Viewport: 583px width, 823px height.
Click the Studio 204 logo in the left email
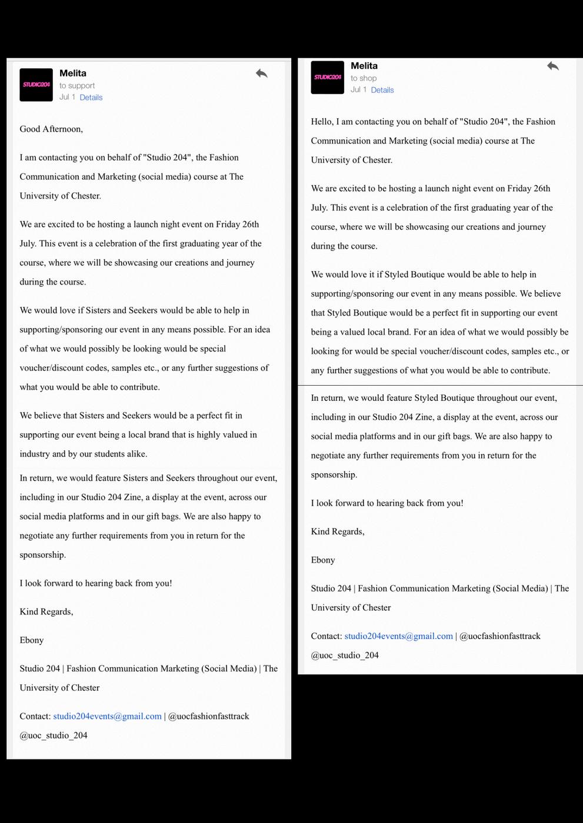click(36, 85)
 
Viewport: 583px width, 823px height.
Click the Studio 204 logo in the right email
click(327, 77)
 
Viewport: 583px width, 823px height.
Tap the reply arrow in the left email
click(262, 73)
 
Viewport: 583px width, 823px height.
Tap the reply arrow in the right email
click(552, 66)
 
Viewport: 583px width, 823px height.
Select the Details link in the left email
click(91, 98)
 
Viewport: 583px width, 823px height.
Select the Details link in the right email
click(382, 90)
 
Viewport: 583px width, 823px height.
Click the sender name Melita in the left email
click(73, 73)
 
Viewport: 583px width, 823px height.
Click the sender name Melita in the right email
click(364, 66)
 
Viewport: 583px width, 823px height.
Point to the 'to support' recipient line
click(77, 86)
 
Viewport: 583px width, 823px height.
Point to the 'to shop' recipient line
click(364, 78)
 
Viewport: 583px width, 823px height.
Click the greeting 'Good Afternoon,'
click(51, 129)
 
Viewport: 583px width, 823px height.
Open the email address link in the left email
click(107, 717)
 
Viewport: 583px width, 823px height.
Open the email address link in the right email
click(398, 636)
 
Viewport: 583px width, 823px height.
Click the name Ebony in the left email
click(32, 640)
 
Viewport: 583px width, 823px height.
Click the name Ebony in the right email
click(323, 560)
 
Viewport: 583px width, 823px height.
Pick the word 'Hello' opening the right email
click(321, 122)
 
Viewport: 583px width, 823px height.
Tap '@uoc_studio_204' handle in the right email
click(345, 655)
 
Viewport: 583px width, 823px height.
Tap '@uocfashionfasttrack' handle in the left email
click(209, 717)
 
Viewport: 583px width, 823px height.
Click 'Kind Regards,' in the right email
click(338, 531)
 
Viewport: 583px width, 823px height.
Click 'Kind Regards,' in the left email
click(46, 612)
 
